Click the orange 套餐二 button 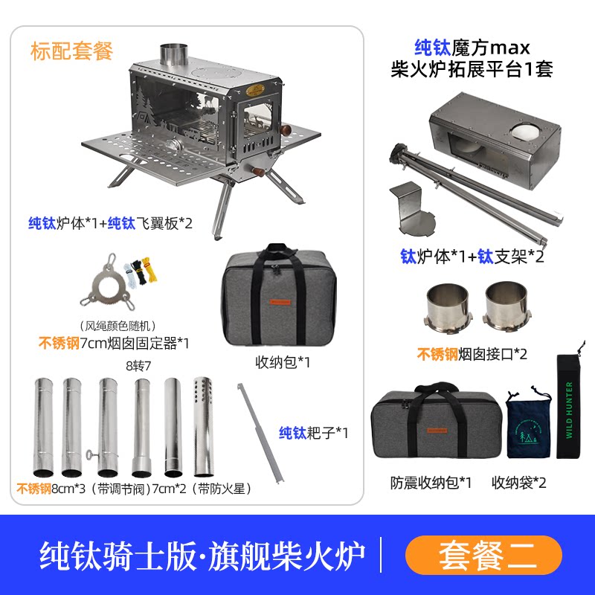[x=483, y=555]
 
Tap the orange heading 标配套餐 [x=71, y=51]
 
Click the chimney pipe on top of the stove [x=174, y=55]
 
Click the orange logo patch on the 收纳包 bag [x=280, y=302]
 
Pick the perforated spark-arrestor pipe [x=203, y=426]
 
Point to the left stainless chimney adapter [x=448, y=307]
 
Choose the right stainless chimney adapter [x=506, y=306]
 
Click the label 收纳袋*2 [x=518, y=483]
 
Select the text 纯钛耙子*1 [x=313, y=433]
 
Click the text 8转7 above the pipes [x=138, y=366]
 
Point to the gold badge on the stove [x=255, y=90]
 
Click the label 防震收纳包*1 [x=431, y=483]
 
